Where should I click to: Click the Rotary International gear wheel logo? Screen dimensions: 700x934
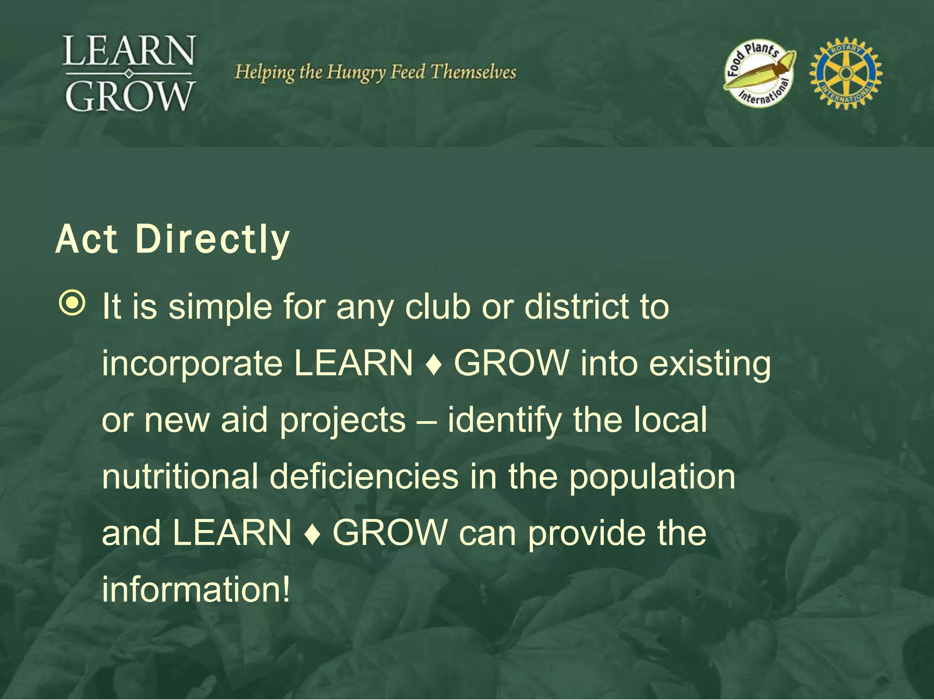point(846,73)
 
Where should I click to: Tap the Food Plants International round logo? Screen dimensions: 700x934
point(759,73)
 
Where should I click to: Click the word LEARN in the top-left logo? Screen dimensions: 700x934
point(130,51)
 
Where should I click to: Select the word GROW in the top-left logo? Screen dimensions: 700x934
point(130,96)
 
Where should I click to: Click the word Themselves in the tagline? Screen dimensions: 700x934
point(473,72)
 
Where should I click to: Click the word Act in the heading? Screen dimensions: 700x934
point(87,240)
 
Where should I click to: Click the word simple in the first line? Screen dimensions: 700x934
point(220,307)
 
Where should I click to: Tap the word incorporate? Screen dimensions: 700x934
point(192,364)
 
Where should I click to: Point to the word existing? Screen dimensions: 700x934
point(710,364)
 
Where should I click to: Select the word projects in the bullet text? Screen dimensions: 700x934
point(342,421)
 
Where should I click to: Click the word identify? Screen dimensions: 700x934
point(504,421)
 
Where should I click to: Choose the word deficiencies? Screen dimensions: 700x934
point(363,476)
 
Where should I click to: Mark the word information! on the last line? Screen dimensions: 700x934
point(196,589)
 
